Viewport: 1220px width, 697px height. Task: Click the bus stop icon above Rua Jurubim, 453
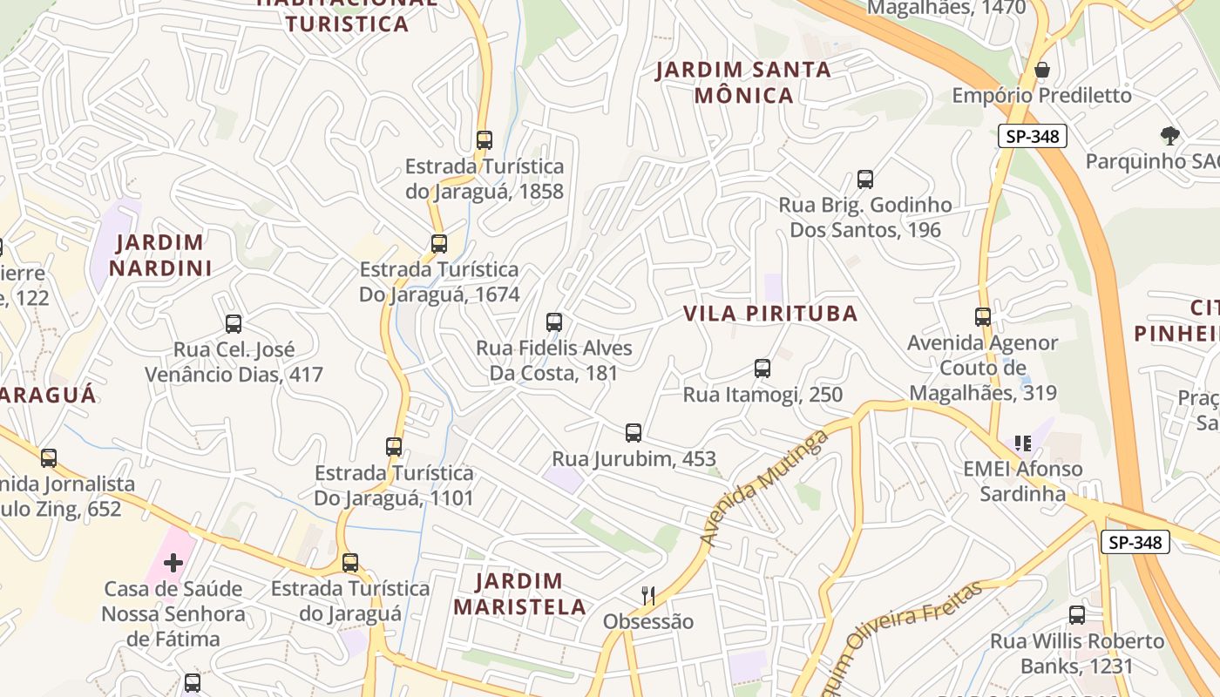coord(634,432)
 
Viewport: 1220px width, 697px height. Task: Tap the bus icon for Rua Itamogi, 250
coord(762,369)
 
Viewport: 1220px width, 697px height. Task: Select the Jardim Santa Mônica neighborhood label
coord(743,82)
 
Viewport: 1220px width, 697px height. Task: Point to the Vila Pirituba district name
coord(770,314)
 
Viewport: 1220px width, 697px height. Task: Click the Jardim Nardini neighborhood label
coord(160,254)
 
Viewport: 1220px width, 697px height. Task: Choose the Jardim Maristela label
coord(520,593)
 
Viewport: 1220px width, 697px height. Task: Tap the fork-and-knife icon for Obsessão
coord(648,595)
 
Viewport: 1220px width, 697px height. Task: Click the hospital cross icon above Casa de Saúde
coord(173,562)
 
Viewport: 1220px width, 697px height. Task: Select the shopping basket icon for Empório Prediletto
coord(1041,69)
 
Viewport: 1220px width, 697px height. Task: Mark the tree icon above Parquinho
coord(1169,135)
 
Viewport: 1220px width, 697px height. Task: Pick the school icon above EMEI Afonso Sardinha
coord(1023,443)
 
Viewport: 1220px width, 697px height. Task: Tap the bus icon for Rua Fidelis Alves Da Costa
coord(554,321)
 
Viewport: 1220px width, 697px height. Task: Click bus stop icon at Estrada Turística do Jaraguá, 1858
coord(485,139)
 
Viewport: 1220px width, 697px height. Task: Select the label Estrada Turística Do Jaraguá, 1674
coord(439,282)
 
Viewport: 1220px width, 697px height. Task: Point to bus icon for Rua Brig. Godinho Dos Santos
coord(865,179)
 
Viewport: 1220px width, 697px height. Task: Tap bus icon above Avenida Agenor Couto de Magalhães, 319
coord(983,316)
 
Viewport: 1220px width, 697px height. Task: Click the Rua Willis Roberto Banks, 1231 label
coord(1077,653)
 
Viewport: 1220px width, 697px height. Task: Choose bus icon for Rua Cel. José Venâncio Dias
coord(234,323)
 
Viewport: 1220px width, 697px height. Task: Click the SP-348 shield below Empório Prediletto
coord(1033,136)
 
